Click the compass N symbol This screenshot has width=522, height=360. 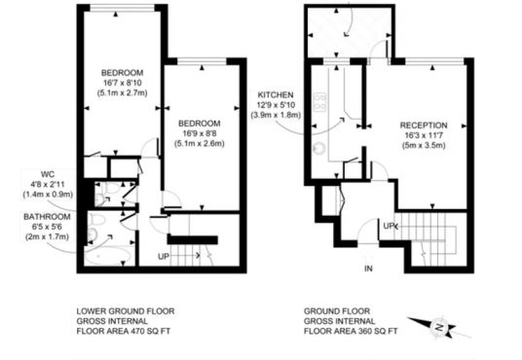(439, 326)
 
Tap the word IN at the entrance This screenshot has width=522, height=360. (368, 269)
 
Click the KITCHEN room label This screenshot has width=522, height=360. (276, 95)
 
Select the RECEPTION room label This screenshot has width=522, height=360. (424, 126)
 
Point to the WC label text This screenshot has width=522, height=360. (48, 174)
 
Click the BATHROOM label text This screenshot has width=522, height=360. (47, 217)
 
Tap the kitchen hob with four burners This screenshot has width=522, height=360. (319, 102)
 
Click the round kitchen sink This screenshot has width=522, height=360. (318, 148)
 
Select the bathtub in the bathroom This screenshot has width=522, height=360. (107, 256)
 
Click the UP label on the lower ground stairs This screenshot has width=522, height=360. (164, 257)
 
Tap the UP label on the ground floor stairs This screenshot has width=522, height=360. (389, 227)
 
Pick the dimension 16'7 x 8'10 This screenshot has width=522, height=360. (122, 83)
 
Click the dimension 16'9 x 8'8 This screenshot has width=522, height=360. (199, 133)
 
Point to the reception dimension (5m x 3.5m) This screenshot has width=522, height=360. (424, 145)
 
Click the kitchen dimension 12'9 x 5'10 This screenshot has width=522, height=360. (276, 105)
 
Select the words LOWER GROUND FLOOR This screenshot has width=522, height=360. (126, 311)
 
